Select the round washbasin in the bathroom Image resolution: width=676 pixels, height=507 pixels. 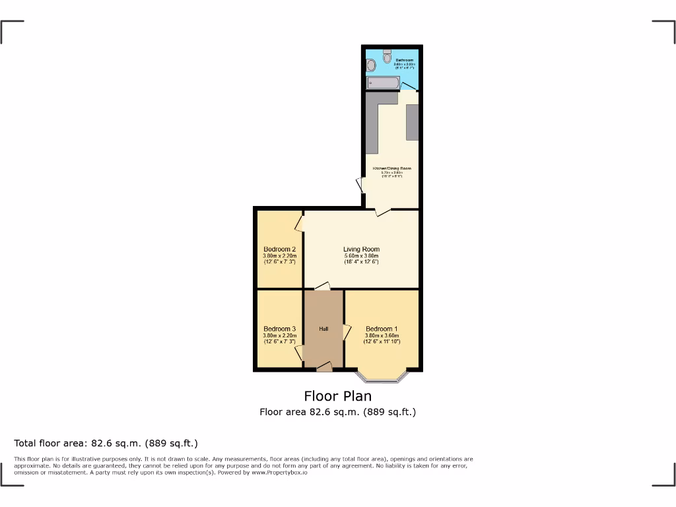click(x=371, y=65)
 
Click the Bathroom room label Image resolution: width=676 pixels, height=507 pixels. click(x=405, y=60)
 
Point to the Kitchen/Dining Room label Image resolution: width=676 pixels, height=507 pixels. click(x=392, y=168)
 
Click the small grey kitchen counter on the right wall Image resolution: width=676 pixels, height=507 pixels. click(x=412, y=122)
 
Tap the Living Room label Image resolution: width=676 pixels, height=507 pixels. click(x=361, y=250)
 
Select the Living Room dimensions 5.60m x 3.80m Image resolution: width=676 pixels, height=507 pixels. click(x=361, y=256)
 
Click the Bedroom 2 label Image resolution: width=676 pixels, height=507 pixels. click(x=279, y=250)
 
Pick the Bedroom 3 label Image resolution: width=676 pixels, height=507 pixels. click(x=279, y=329)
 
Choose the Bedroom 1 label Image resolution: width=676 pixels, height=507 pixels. click(x=382, y=329)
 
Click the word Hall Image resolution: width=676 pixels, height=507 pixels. click(x=323, y=329)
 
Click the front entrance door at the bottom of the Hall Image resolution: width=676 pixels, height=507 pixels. click(x=324, y=367)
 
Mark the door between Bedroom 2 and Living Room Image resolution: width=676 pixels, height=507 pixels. click(x=300, y=223)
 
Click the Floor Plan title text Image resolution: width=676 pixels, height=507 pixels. click(x=337, y=396)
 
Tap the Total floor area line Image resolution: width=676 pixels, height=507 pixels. click(x=106, y=443)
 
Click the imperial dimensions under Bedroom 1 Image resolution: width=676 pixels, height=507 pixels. click(x=382, y=342)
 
